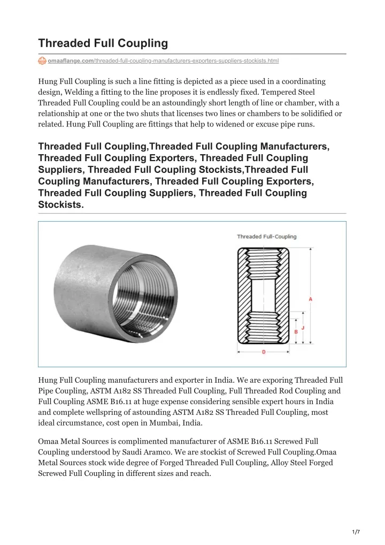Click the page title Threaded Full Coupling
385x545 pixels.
tap(103, 43)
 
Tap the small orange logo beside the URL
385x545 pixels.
tap(42, 62)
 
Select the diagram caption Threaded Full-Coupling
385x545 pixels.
tap(266, 236)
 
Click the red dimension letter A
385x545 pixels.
tap(311, 299)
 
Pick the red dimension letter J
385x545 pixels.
tap(303, 327)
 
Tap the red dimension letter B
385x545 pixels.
tap(296, 332)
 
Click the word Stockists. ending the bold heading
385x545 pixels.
tap(61, 204)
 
